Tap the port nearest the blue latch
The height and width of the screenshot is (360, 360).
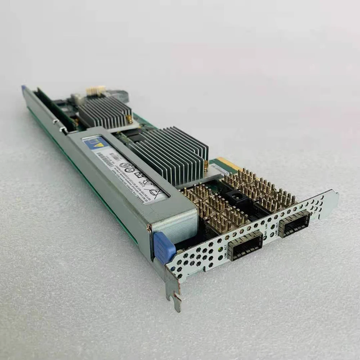coord(245,245)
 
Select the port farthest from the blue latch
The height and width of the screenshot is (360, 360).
coord(294,224)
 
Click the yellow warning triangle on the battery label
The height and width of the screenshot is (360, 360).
coord(90,143)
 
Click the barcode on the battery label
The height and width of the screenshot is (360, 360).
coord(108,157)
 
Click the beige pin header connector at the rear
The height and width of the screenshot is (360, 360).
coord(95,90)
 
